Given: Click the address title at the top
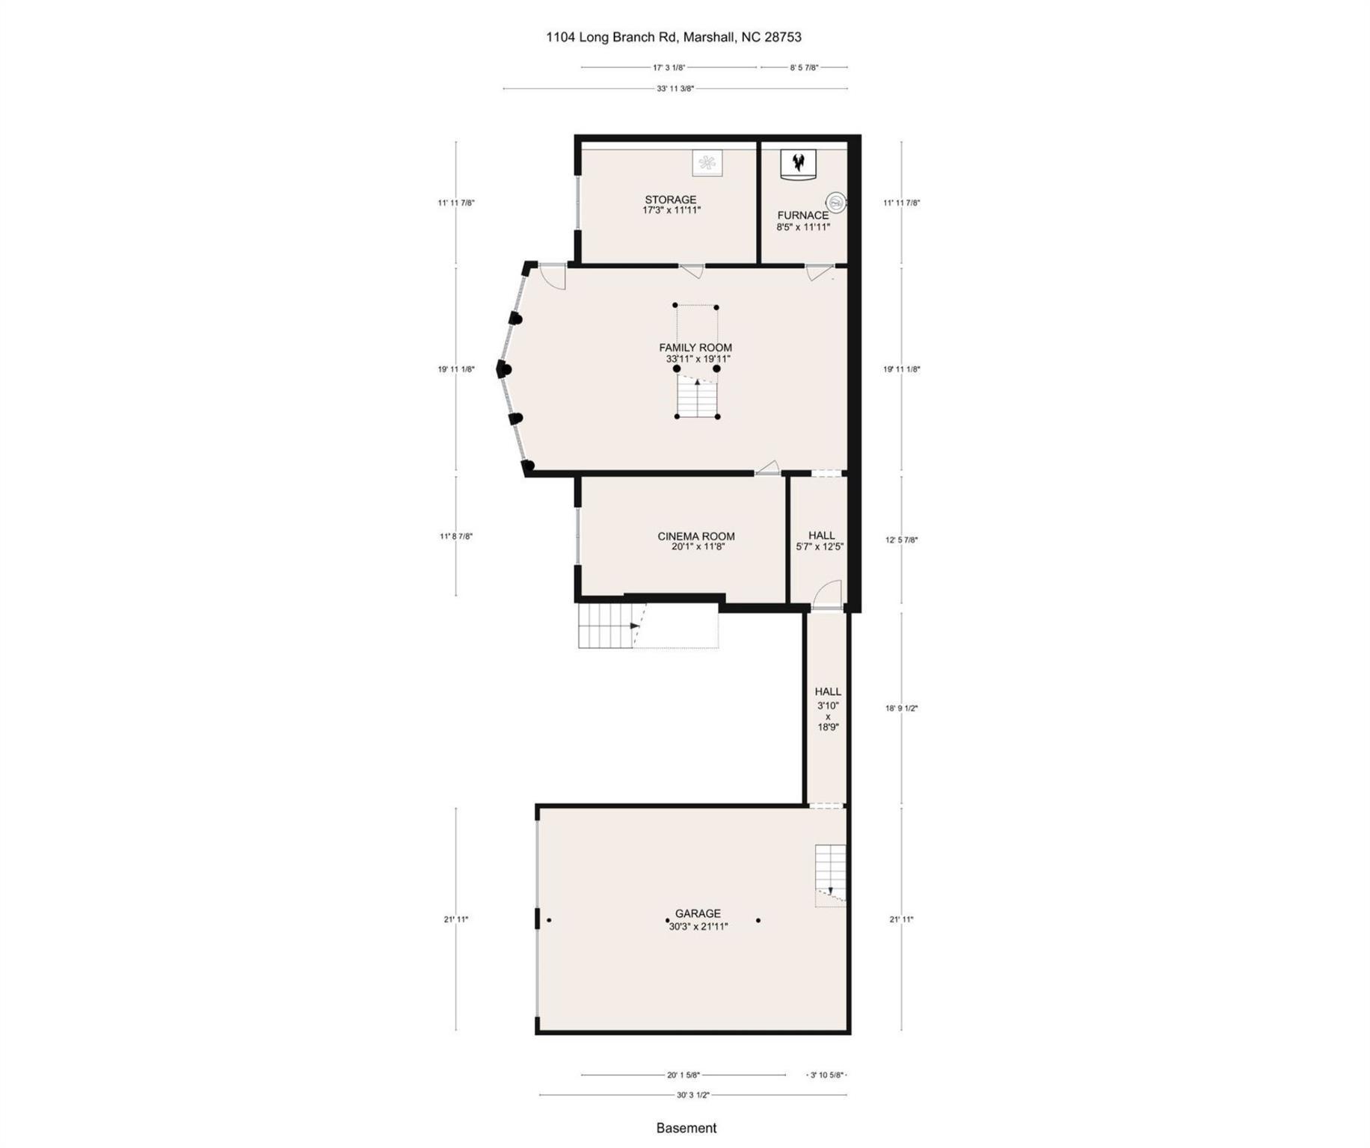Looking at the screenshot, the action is point(674,37).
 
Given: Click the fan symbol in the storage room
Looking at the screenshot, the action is point(707,163).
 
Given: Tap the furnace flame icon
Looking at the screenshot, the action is point(799,161).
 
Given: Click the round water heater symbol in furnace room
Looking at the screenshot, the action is point(835,202).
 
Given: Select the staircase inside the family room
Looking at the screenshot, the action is point(697,396).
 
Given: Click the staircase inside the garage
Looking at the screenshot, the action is point(830,874).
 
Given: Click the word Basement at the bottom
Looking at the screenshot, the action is point(686,1128).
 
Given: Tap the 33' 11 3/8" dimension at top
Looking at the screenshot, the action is point(675,89).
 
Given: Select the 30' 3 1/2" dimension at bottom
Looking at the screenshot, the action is point(692,1095).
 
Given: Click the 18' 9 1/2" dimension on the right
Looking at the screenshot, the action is point(901,708).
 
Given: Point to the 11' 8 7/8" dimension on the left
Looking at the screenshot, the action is point(456,536).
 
